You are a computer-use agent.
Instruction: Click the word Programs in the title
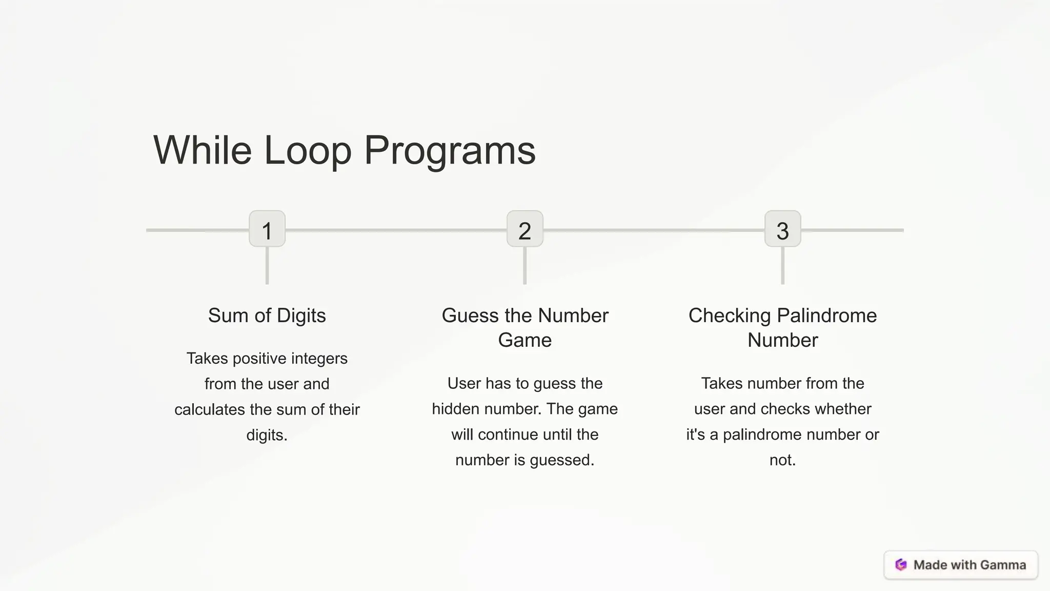click(450, 150)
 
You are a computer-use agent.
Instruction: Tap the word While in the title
click(202, 150)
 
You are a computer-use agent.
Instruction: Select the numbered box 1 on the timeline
click(267, 229)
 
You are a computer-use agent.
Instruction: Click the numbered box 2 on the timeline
click(524, 229)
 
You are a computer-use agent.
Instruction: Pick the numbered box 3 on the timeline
click(782, 229)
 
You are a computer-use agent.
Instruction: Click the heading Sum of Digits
click(267, 316)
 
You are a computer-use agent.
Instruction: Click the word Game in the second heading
click(524, 340)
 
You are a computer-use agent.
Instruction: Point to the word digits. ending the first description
click(267, 435)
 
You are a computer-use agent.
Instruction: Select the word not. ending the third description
click(782, 460)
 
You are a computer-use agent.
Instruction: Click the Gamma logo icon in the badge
click(901, 565)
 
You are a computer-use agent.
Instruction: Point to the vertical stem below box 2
click(524, 266)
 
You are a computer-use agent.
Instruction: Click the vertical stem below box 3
click(782, 266)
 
